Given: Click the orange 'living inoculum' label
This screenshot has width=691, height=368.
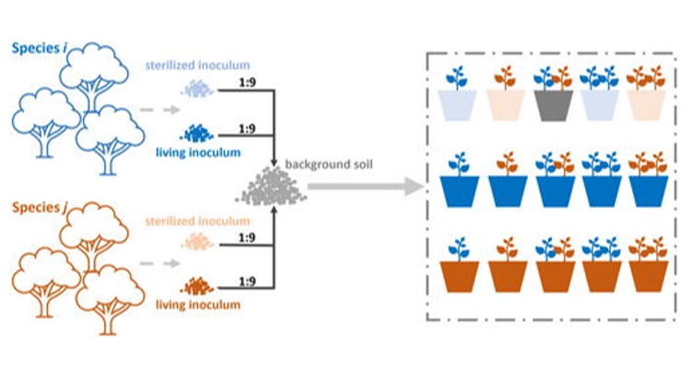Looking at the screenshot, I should (196, 304).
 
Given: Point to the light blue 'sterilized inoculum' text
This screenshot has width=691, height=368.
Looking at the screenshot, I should (196, 65).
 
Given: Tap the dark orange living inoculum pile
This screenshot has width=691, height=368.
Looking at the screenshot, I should (196, 286).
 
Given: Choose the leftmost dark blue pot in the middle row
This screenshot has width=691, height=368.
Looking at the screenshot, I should (459, 190).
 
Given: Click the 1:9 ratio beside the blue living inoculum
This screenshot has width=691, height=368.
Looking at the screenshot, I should (246, 129).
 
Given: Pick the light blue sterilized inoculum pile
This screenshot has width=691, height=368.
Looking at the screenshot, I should (196, 88).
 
